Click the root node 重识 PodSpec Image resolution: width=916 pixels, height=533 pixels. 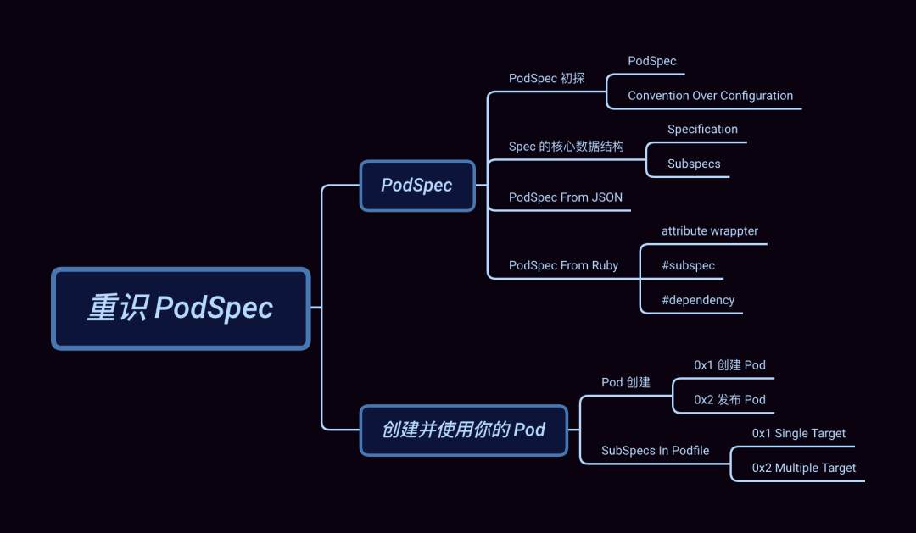[181, 308]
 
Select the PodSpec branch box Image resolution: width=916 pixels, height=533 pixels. [416, 186]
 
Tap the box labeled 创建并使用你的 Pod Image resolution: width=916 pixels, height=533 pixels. [463, 430]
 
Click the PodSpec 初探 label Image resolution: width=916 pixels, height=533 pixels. [546, 78]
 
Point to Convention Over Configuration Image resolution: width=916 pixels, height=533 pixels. [710, 96]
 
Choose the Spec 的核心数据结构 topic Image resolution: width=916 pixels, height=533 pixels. [566, 147]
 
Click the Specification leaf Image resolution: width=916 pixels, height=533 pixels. [702, 129]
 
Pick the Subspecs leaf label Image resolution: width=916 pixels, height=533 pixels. [694, 164]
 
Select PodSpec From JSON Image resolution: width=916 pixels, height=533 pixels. [566, 197]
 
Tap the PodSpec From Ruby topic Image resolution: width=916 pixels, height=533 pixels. [563, 265]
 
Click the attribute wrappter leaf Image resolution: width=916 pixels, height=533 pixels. [710, 230]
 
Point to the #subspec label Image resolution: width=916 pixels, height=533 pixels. [688, 265]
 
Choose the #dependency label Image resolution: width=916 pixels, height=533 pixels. [698, 300]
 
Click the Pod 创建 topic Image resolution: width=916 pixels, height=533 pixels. [626, 382]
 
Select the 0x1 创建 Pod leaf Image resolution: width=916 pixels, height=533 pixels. [729, 365]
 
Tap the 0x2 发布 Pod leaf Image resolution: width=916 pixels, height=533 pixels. [729, 399]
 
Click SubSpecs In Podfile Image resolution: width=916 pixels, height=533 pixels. [655, 450]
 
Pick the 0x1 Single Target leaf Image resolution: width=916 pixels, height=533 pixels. [798, 433]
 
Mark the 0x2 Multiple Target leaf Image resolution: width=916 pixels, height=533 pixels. [803, 468]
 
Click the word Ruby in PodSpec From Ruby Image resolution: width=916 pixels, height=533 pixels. [605, 265]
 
